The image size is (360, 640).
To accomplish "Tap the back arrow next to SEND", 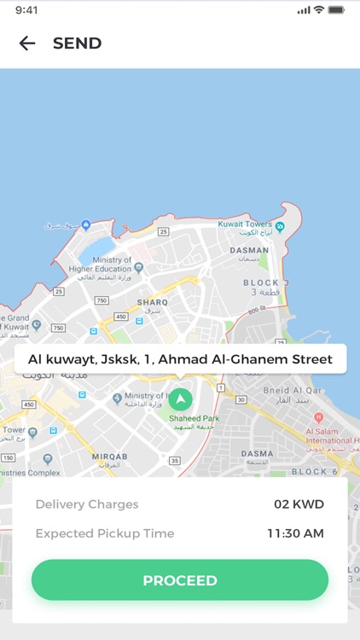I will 27,44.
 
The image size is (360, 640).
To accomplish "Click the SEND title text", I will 77,44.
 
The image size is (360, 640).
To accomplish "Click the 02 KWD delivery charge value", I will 299,504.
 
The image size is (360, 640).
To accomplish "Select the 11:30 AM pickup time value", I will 295,533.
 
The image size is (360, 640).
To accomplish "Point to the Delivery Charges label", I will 87,504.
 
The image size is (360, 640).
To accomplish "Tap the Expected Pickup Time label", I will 105,533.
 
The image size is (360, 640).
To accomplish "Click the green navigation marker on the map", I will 180,399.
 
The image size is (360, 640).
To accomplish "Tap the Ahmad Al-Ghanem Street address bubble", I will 180,359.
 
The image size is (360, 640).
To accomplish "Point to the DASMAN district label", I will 249,251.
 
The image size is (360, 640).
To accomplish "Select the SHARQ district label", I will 153,302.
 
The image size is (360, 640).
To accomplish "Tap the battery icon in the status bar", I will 336,10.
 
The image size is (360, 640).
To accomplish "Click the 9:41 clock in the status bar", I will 26,10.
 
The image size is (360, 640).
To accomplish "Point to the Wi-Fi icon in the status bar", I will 319,10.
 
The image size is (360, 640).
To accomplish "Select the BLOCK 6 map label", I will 314,471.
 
